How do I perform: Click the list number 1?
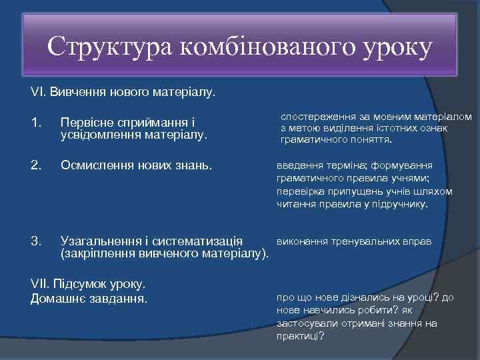click(x=35, y=122)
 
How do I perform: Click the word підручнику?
click(x=397, y=204)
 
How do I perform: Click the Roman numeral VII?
click(x=39, y=283)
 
